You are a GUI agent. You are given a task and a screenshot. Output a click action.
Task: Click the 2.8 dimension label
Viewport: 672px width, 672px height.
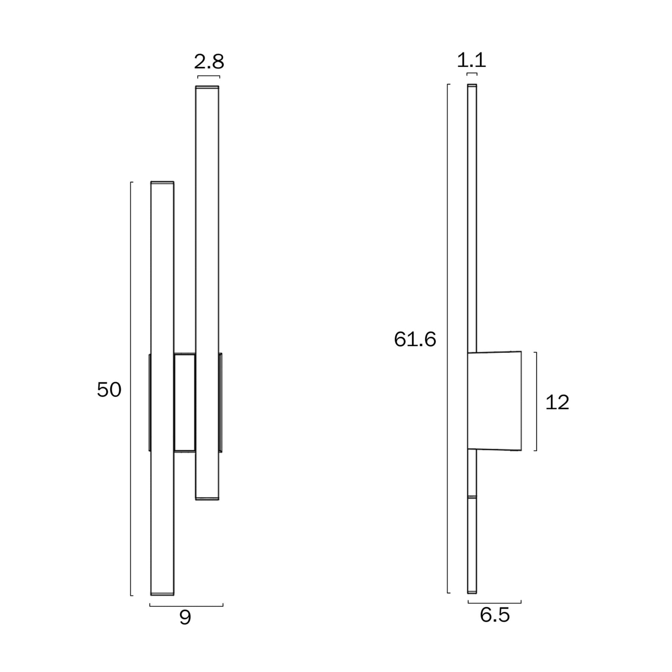coord(209,62)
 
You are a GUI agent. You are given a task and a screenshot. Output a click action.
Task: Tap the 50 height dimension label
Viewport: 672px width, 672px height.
coord(109,390)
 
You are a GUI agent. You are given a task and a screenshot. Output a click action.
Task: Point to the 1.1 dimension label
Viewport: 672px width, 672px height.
coord(472,60)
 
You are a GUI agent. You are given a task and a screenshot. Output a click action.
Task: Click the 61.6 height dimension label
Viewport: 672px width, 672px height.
coord(415,340)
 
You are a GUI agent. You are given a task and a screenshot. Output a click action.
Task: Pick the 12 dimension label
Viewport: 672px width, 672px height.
coord(557,403)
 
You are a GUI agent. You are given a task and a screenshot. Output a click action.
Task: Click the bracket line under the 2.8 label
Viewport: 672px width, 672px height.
coord(209,76)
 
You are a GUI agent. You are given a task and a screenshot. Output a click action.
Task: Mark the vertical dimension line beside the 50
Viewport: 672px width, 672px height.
coord(131,389)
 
